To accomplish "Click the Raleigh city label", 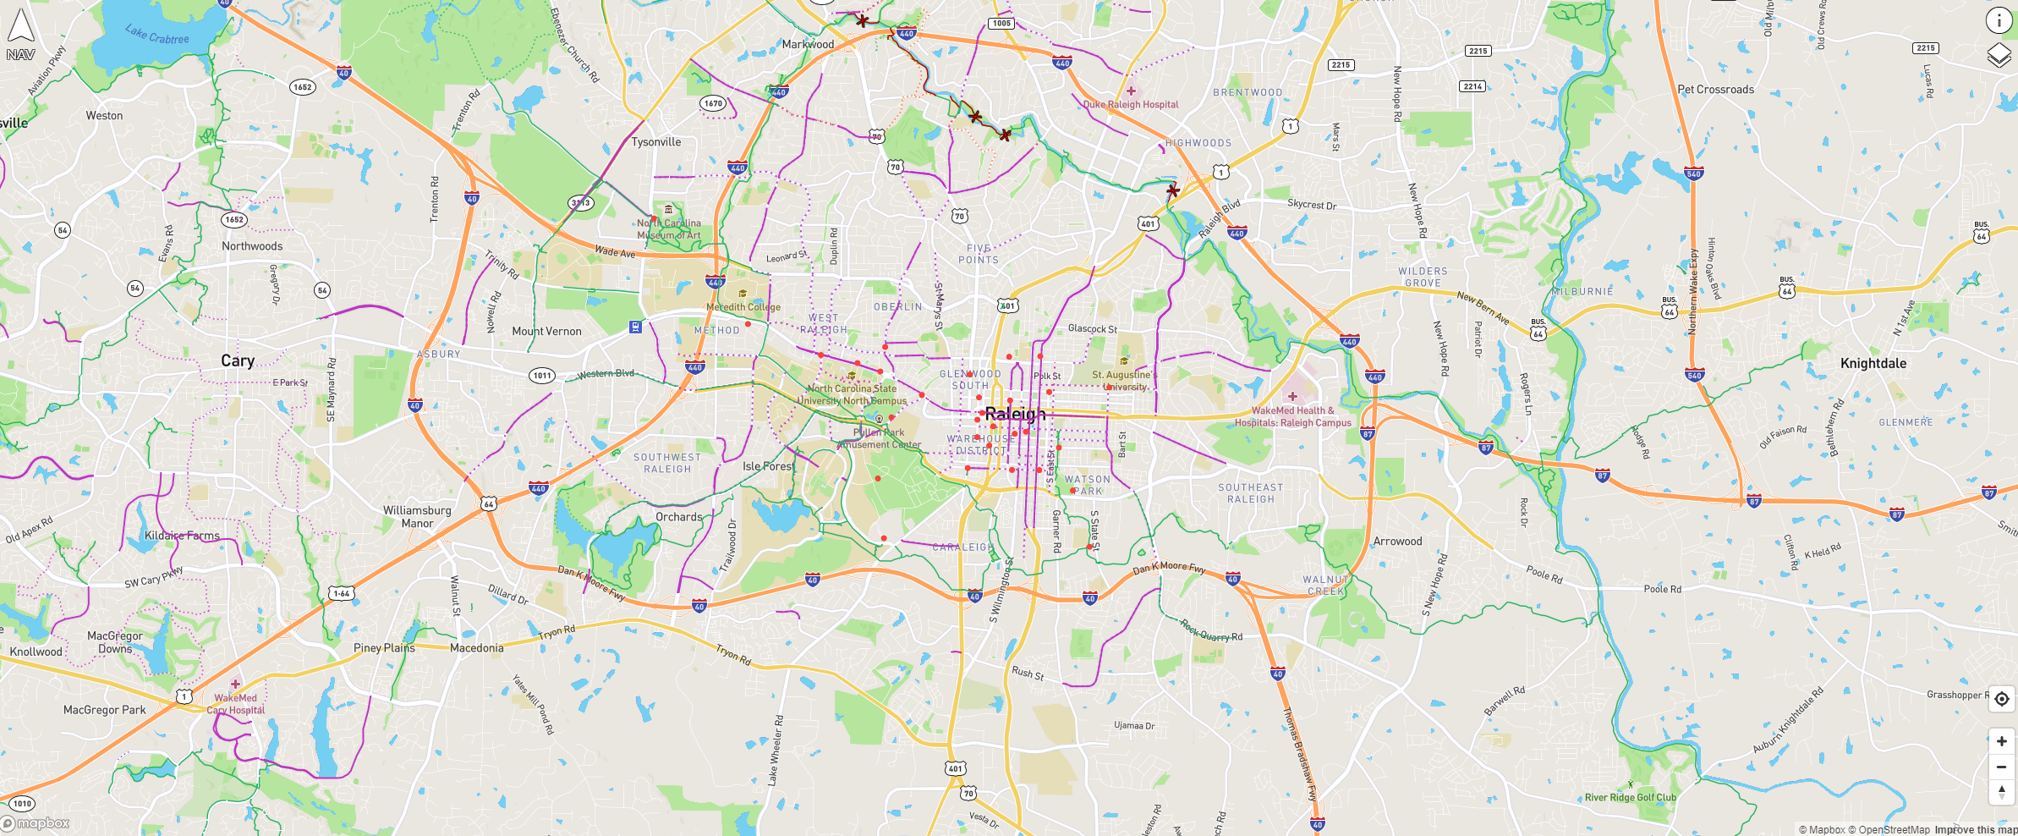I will coord(1015,414).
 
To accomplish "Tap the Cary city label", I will coord(238,360).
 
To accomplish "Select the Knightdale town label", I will coord(1873,363).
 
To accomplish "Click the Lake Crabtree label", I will coord(157,35).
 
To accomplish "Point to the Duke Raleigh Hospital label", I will coord(1131,104).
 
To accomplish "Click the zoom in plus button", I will coord(2001,741).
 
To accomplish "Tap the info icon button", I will coord(1999,20).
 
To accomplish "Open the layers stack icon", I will coord(1999,56).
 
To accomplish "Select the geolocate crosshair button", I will coord(2001,699).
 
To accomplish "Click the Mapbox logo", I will coord(36,823).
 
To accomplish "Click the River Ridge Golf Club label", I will coord(1630,797).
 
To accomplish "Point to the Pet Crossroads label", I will coord(1715,89).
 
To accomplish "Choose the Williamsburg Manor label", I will coord(417,517).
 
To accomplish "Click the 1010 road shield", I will coord(22,803).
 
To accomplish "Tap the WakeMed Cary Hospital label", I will coord(236,704).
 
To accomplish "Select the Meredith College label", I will coord(743,307).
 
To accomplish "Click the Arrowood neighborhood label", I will coord(1397,541).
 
